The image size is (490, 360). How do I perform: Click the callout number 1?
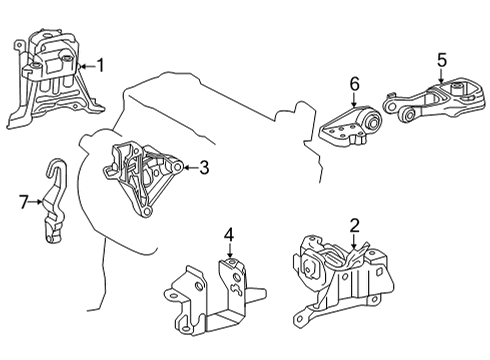click(100, 65)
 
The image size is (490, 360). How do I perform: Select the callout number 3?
click(203, 168)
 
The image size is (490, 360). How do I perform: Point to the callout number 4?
click(228, 236)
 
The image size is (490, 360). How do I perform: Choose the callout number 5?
click(440, 58)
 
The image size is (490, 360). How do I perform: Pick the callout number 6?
click(353, 86)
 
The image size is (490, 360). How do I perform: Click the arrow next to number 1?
click(86, 65)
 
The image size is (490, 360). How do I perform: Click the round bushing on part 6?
click(371, 125)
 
